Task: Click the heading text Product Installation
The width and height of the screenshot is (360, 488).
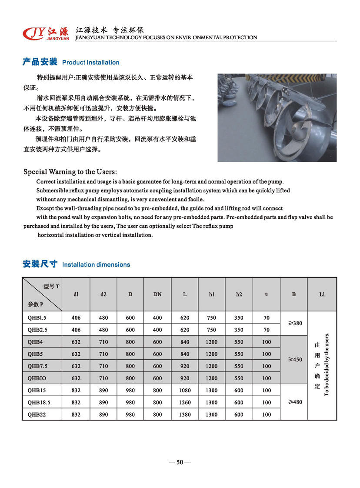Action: [91, 63]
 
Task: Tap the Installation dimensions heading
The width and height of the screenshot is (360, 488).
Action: [96, 264]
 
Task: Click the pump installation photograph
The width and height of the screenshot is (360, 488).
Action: [277, 117]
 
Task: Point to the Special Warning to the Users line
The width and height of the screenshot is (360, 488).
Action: [70, 172]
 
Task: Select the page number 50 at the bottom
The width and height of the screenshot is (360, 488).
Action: [180, 462]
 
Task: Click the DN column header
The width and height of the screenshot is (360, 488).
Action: [157, 294]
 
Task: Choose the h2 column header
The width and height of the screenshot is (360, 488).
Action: [239, 294]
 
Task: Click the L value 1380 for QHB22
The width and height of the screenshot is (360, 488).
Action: [185, 414]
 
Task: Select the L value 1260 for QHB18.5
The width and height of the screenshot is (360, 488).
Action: [185, 403]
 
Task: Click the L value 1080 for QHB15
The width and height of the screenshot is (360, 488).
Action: [185, 391]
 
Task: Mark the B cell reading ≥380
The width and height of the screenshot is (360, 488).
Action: [294, 324]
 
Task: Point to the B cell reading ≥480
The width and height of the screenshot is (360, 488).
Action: [294, 402]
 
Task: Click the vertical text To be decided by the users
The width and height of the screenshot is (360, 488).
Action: [327, 364]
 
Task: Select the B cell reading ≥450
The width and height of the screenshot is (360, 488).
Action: [294, 360]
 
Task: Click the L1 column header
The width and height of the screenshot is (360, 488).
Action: [322, 294]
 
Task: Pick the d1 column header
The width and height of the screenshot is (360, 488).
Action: [76, 294]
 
